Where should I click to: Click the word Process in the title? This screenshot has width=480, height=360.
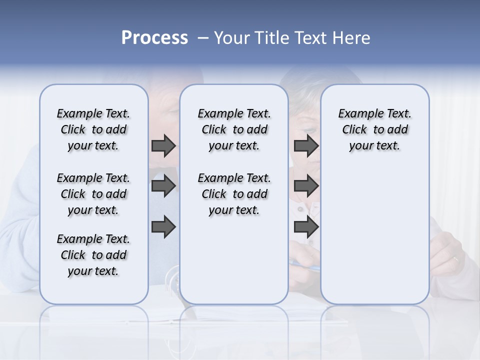click(x=154, y=38)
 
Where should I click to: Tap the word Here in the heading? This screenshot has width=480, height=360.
click(x=351, y=38)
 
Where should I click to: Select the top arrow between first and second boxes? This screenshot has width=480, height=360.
click(x=163, y=145)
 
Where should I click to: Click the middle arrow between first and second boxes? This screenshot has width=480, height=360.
click(x=163, y=186)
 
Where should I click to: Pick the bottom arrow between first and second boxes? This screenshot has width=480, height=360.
click(x=163, y=227)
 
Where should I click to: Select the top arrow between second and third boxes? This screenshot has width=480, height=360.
click(x=306, y=145)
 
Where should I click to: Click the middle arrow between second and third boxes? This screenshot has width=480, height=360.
click(x=306, y=186)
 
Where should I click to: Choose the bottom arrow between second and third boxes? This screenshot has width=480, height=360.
click(x=306, y=227)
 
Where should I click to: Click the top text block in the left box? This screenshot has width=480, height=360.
click(x=93, y=129)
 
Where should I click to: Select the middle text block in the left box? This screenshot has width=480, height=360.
click(x=93, y=194)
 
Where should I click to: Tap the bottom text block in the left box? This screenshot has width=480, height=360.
click(x=93, y=255)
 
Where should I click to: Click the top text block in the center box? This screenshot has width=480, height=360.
click(x=234, y=129)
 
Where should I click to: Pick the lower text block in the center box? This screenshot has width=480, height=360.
click(x=234, y=194)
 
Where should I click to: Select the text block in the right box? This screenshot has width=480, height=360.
click(x=375, y=129)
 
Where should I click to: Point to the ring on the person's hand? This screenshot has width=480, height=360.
click(x=455, y=259)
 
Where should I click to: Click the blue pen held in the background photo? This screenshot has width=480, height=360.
click(x=306, y=265)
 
